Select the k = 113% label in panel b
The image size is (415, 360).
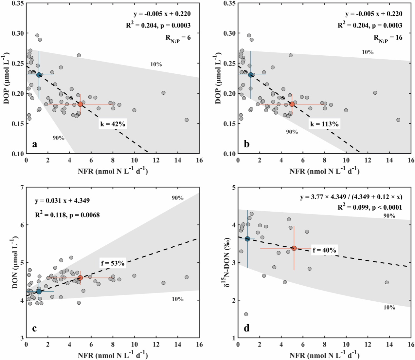[324, 124]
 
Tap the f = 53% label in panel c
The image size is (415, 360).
[113, 263]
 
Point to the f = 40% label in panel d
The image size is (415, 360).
[324, 250]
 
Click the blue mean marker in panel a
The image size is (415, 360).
[39, 75]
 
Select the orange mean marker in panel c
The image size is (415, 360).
[80, 278]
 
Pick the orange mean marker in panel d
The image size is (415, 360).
[294, 248]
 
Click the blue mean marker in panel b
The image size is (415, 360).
[251, 75]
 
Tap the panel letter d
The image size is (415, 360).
[247, 328]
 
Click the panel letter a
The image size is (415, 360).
[34, 144]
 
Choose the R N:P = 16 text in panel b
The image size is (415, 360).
[388, 38]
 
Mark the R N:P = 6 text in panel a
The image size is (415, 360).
[178, 38]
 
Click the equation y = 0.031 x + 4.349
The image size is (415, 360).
[62, 200]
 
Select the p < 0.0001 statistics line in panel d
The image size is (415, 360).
[370, 207]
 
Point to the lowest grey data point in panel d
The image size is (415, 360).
[246, 314]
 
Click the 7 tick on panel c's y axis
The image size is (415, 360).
[22, 188]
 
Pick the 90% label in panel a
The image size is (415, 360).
[59, 138]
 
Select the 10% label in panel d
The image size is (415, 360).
[389, 307]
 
